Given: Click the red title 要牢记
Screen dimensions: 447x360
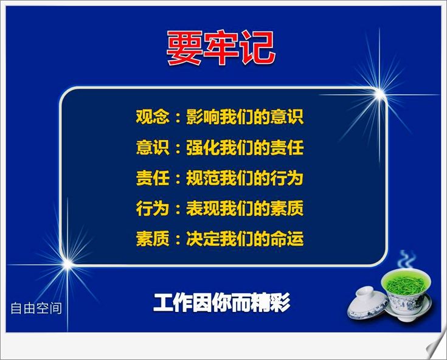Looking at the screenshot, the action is click(x=221, y=48).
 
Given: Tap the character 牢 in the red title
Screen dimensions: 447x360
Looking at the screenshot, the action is click(x=221, y=48).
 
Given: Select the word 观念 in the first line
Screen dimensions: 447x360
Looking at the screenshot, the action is click(x=153, y=117).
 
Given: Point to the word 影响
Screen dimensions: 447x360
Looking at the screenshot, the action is click(x=203, y=117).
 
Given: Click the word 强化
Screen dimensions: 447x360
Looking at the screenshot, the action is click(x=203, y=148).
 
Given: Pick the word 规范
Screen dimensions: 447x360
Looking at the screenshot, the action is click(x=203, y=178).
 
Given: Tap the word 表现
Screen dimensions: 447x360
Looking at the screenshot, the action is click(x=203, y=208).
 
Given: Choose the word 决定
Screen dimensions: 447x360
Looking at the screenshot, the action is click(x=203, y=238).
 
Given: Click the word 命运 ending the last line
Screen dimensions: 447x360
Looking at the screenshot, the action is click(x=287, y=238).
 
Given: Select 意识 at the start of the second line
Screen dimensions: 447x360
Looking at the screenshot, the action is click(x=153, y=148).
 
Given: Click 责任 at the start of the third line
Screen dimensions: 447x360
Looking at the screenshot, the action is click(x=153, y=178).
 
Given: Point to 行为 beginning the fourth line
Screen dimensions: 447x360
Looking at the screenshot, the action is click(x=153, y=208).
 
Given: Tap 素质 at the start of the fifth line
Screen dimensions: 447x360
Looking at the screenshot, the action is click(x=153, y=238).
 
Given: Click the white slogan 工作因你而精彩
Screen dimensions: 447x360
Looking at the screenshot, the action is click(x=222, y=302).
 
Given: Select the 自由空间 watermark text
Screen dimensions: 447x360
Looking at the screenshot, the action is click(x=36, y=308).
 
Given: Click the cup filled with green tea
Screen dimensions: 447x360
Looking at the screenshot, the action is click(x=407, y=294).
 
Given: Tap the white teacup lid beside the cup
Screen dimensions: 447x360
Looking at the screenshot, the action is click(x=367, y=303).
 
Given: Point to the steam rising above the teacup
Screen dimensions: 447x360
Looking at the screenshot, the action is click(x=407, y=259).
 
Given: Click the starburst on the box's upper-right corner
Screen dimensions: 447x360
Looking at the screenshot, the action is click(x=379, y=94).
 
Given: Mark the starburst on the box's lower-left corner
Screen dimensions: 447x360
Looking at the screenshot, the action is click(x=68, y=265).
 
